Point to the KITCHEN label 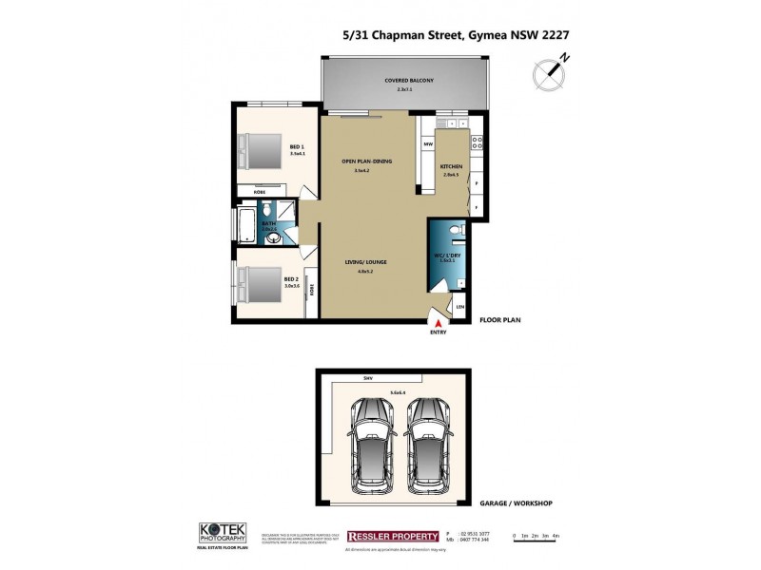(450, 167)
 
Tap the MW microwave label (428, 144)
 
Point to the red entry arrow (439, 325)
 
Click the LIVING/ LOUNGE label (365, 261)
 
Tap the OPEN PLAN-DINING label (366, 161)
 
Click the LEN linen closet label (460, 307)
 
